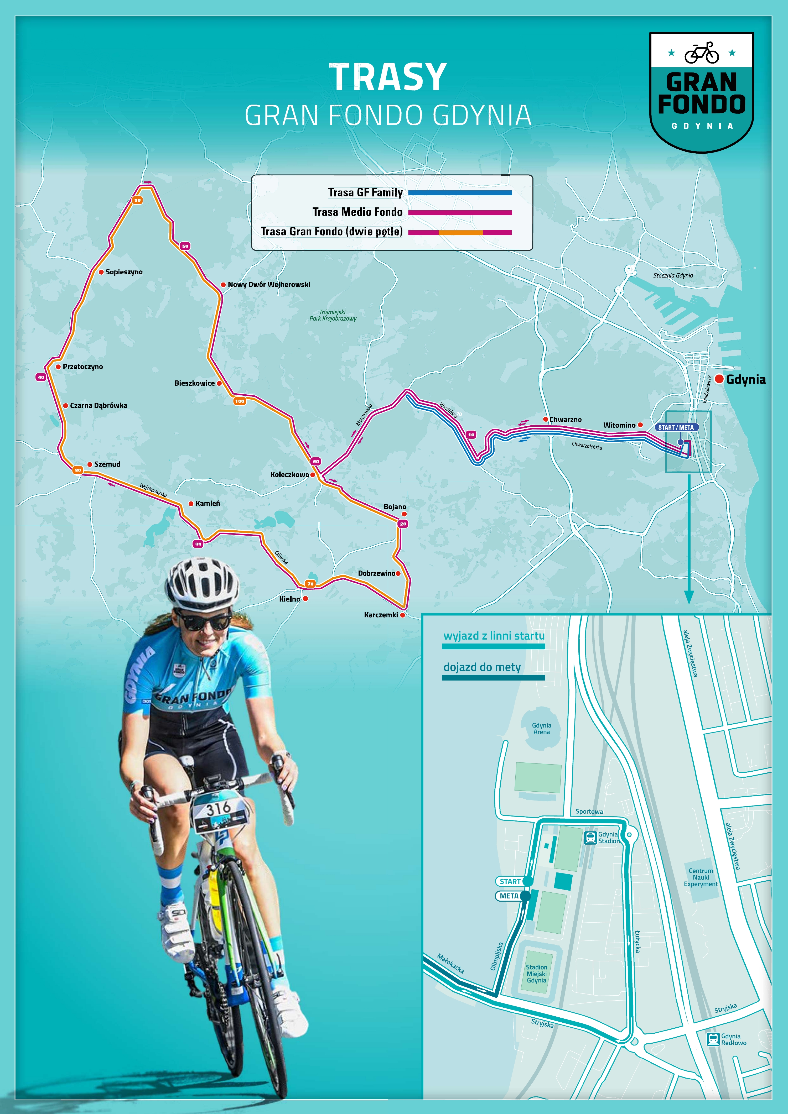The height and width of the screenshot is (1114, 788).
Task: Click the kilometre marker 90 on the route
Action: tap(137, 200)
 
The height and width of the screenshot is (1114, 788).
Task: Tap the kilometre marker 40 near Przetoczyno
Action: tap(41, 377)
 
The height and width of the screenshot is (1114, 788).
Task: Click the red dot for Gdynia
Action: tap(719, 379)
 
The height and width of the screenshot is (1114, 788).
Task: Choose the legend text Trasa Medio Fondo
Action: tap(357, 212)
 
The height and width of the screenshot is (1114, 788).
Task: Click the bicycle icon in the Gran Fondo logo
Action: tap(702, 53)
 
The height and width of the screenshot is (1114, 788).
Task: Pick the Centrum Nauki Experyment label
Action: tap(701, 877)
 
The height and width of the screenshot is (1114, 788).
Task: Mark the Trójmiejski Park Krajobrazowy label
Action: tap(333, 315)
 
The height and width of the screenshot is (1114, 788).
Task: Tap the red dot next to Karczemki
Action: tap(402, 615)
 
